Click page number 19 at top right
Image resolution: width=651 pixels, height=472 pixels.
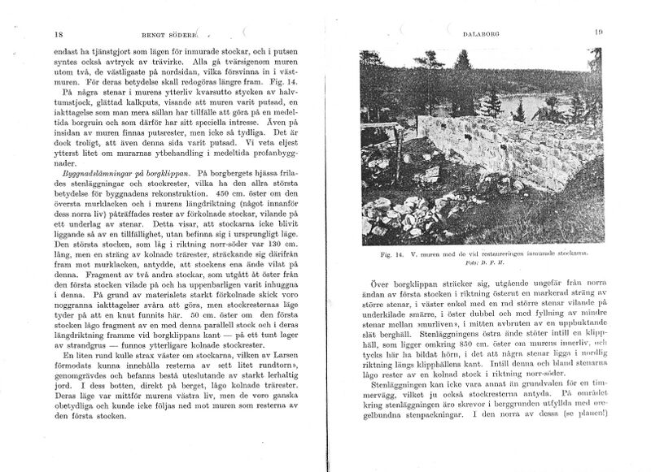597,32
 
